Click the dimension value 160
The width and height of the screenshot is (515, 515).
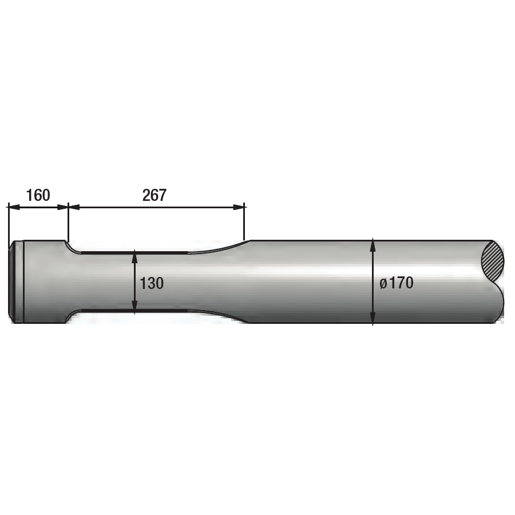coord(38,195)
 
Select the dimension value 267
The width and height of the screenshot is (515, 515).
coord(154,195)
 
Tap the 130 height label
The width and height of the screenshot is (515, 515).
coord(152,283)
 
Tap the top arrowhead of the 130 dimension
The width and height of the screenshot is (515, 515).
coord(134,255)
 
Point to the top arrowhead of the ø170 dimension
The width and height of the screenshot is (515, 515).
coord(373,244)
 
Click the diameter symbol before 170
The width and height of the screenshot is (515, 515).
coord(383,283)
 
